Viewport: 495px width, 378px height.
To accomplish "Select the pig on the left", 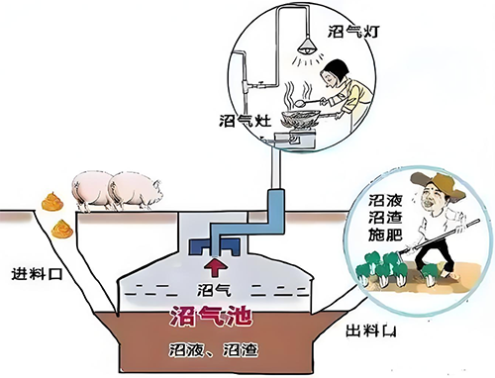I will [91, 189].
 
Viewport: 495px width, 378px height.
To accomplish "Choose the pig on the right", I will [135, 189].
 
